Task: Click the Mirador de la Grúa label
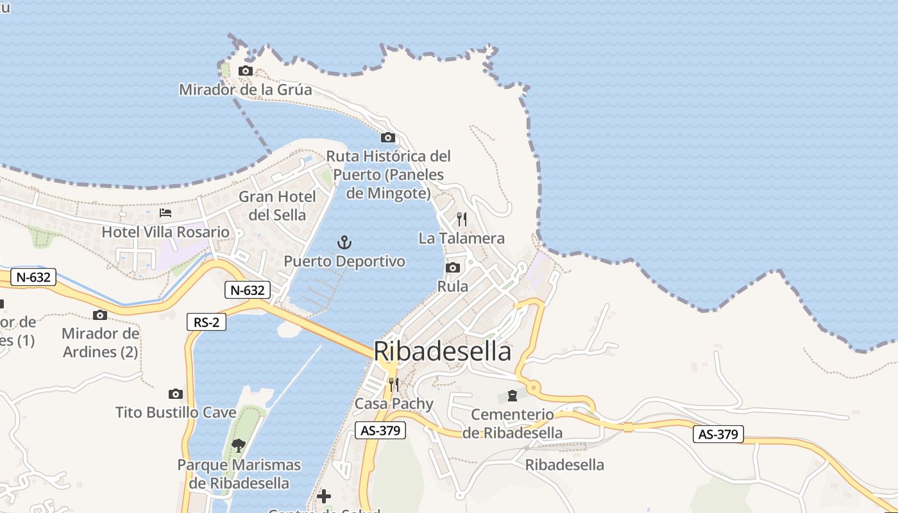tap(245, 89)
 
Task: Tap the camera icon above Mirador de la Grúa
tap(246, 71)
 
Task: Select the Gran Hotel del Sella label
tap(277, 205)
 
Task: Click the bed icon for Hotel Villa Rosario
tap(165, 213)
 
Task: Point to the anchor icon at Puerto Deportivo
tap(344, 242)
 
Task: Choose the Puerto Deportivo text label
tap(344, 262)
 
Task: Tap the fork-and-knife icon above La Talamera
tap(462, 219)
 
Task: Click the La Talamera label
tap(461, 239)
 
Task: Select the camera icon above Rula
tap(453, 267)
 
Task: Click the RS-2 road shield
tap(207, 322)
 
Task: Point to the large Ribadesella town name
tap(443, 351)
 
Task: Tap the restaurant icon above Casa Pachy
tap(394, 385)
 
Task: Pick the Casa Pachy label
tap(394, 404)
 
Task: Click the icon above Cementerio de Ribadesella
tap(512, 395)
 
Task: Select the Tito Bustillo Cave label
tap(176, 412)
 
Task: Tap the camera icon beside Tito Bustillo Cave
tap(176, 394)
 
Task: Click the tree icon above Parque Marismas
tap(239, 445)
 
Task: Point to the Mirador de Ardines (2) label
tap(100, 342)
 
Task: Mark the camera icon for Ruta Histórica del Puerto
tap(388, 137)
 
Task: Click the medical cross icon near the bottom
tap(324, 496)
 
